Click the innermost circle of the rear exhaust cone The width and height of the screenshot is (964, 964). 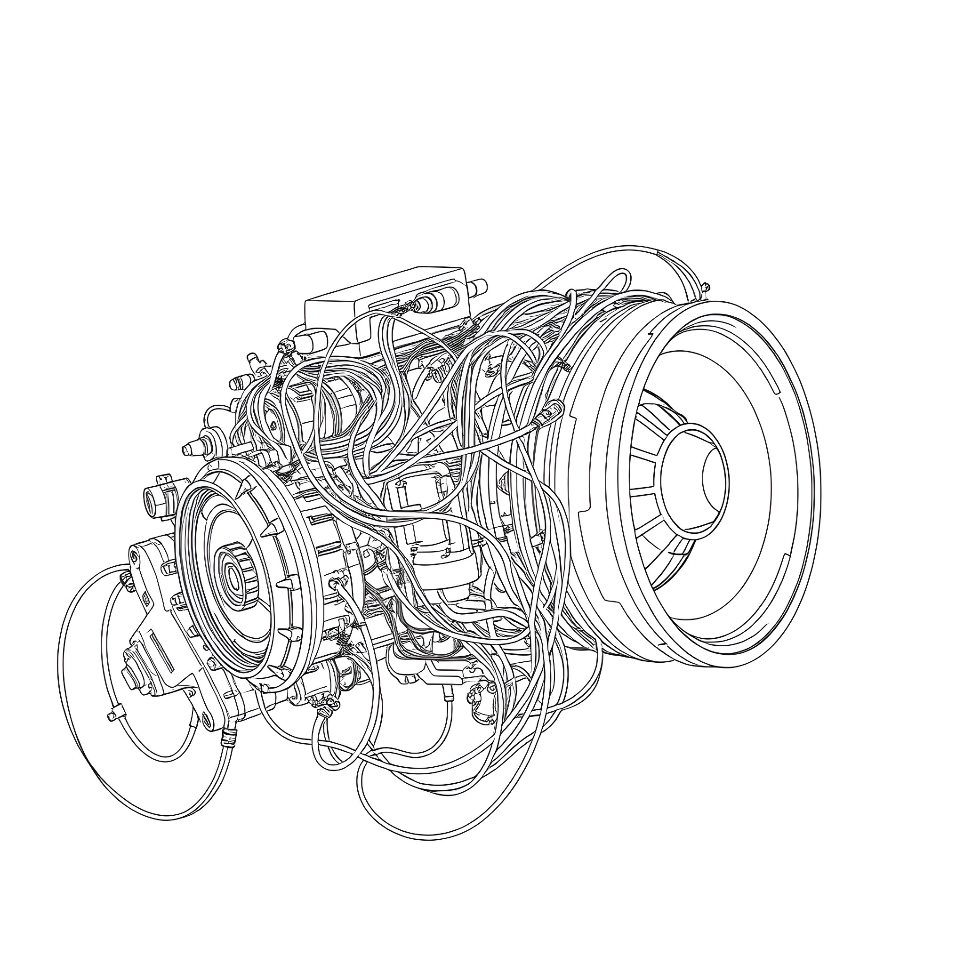coord(714,474)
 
